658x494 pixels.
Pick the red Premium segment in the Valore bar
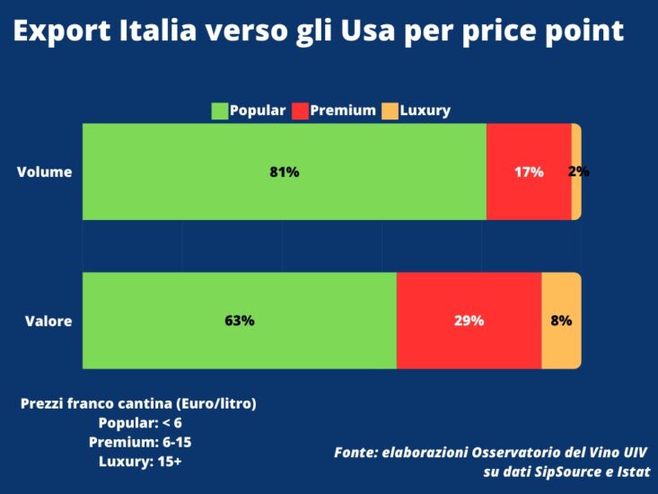pyautogui.click(x=469, y=346)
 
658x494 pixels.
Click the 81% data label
pyautogui.click(x=284, y=172)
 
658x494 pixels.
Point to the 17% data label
pyautogui.click(x=529, y=172)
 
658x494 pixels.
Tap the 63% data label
pyautogui.click(x=240, y=320)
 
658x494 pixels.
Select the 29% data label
pyautogui.click(x=469, y=320)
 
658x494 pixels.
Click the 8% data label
pyautogui.click(x=561, y=320)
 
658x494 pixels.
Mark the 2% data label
pyautogui.click(x=579, y=171)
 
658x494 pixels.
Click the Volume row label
pyautogui.click(x=44, y=172)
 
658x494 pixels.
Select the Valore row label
pyautogui.click(x=48, y=320)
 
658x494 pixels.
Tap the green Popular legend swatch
pyautogui.click(x=220, y=111)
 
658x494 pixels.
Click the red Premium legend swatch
pyautogui.click(x=300, y=111)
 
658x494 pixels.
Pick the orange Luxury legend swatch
pyautogui.click(x=390, y=111)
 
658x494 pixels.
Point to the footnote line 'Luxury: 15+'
pyautogui.click(x=139, y=462)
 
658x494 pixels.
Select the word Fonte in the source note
pyautogui.click(x=355, y=452)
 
